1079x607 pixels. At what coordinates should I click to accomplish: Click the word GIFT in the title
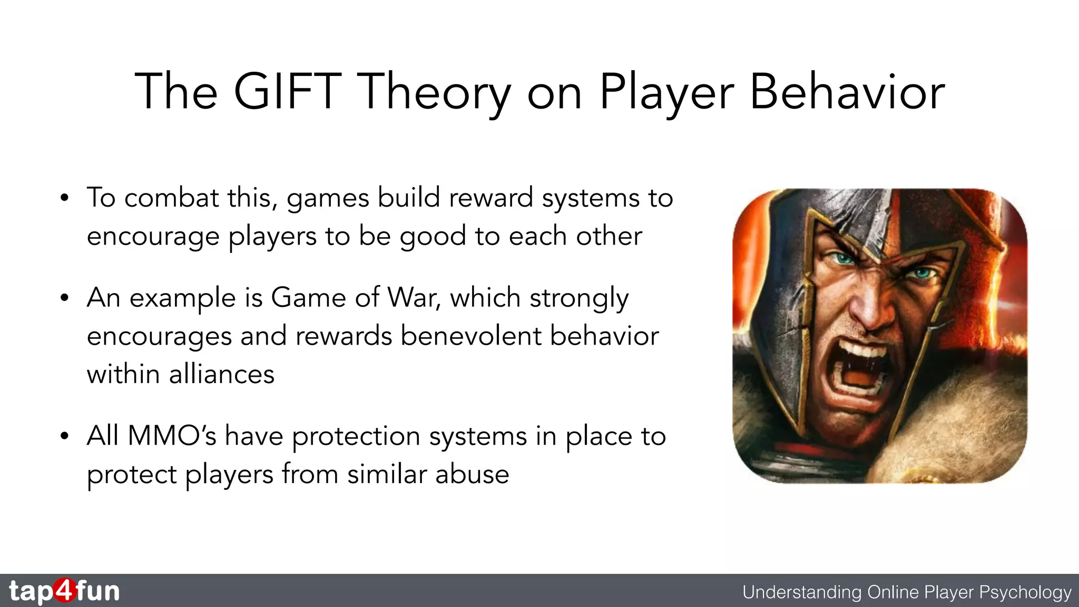pyautogui.click(x=288, y=92)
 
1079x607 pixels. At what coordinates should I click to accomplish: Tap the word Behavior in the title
pyautogui.click(x=847, y=92)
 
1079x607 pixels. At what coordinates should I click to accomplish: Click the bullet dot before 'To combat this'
pyautogui.click(x=64, y=199)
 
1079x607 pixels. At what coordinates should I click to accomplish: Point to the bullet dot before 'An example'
pyautogui.click(x=64, y=298)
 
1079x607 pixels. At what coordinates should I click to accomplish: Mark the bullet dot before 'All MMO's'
pyautogui.click(x=64, y=436)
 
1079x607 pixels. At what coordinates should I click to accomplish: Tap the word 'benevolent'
pyautogui.click(x=470, y=336)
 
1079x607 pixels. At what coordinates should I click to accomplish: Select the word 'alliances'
pyautogui.click(x=221, y=375)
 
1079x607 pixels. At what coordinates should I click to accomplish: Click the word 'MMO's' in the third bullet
pyautogui.click(x=172, y=436)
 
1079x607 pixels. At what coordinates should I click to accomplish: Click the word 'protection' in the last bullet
pyautogui.click(x=357, y=437)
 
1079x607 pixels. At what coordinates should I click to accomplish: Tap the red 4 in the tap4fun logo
pyautogui.click(x=64, y=590)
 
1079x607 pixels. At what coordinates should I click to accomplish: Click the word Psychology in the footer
pyautogui.click(x=1025, y=592)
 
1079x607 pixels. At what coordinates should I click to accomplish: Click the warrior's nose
pyautogui.click(x=869, y=311)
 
